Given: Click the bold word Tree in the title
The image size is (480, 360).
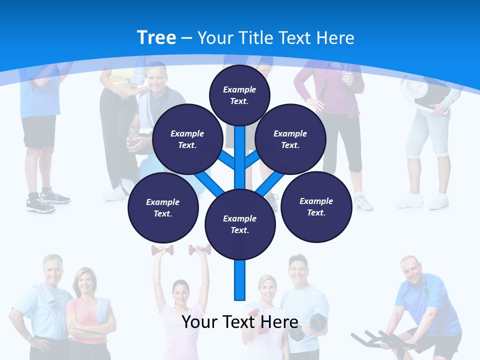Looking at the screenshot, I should [x=156, y=37].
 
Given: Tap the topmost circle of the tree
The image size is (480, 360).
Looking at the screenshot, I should [x=239, y=95].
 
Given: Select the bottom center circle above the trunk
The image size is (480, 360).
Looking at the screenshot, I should [x=239, y=224].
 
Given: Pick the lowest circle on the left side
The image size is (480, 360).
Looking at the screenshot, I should [x=163, y=207].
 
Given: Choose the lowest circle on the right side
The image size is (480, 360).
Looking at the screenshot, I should [x=316, y=206].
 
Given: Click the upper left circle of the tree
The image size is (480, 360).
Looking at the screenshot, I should [x=187, y=139].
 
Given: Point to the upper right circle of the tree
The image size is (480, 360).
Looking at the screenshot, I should [x=290, y=139].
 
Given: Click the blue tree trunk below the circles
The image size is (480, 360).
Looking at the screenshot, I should [x=239, y=280].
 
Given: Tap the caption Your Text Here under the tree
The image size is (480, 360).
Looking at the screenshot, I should [x=239, y=321].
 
